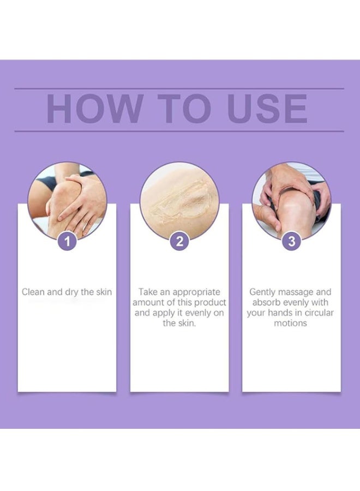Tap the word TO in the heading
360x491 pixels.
tap(184, 109)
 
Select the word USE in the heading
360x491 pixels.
tap(267, 109)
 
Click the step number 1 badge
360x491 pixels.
tap(67, 242)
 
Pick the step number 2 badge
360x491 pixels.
tap(179, 242)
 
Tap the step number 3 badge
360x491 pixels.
tap(291, 242)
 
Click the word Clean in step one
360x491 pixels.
tap(33, 292)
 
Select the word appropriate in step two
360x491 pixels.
tap(196, 292)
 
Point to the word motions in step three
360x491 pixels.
tap(291, 323)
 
